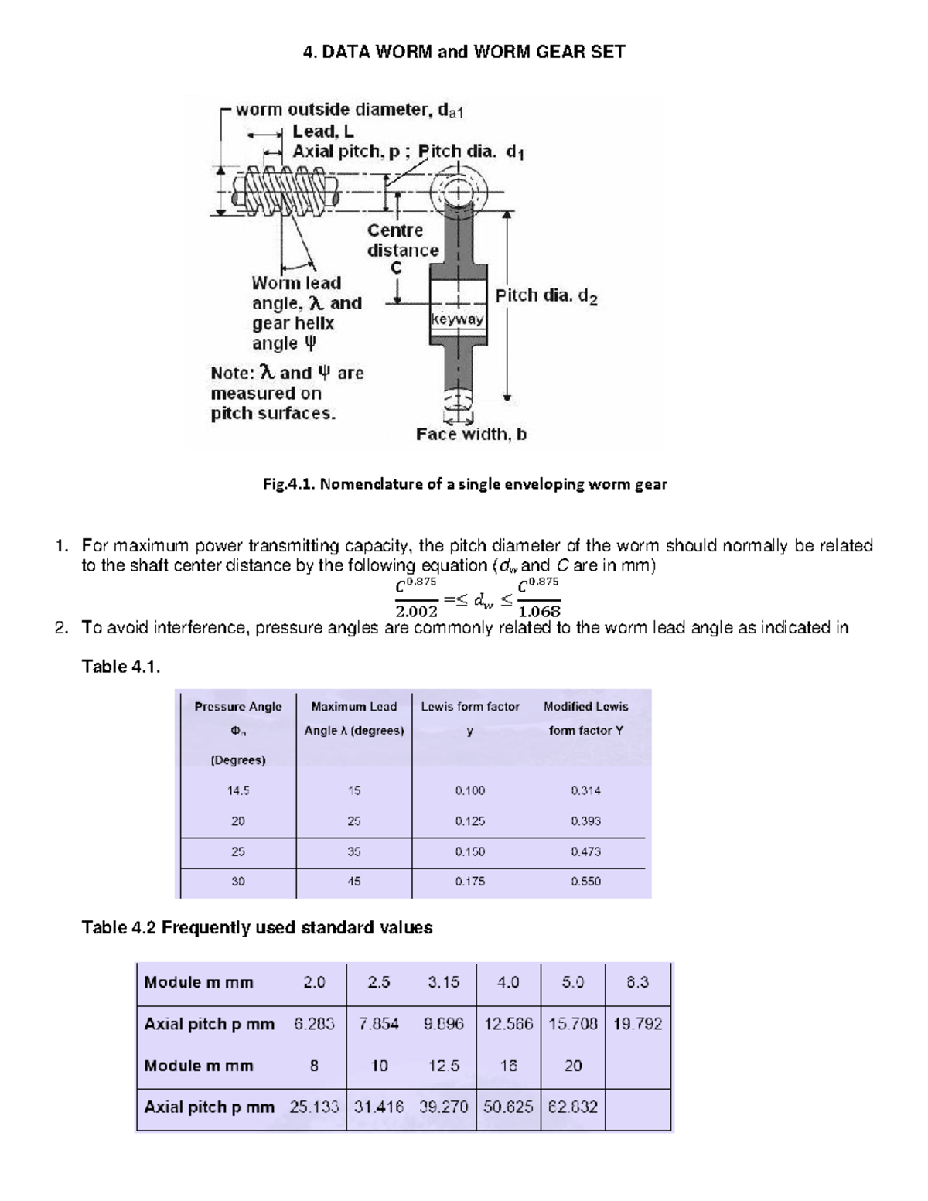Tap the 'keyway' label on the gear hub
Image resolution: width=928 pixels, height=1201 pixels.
457,319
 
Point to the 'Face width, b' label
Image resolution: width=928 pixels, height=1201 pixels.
471,435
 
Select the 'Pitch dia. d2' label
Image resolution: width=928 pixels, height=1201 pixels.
546,296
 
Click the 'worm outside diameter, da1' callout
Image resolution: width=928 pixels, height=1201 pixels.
349,110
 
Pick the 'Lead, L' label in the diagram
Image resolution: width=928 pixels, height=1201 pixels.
323,131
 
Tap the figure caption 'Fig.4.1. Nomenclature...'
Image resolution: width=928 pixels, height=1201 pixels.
465,484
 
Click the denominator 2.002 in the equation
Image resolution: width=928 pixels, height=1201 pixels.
416,612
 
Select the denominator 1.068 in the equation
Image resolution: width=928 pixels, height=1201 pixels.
539,612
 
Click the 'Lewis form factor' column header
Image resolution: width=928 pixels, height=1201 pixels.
470,707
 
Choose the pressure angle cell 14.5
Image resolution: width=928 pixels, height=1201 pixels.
238,791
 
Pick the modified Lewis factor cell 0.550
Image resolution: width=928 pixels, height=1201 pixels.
585,882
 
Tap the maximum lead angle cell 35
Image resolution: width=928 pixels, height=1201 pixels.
354,851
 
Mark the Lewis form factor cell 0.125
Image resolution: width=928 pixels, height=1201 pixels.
470,821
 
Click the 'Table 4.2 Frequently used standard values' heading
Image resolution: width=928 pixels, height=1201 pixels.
257,927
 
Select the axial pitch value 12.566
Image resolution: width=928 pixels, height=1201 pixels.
508,1024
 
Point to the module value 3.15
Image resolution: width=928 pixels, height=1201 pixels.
443,982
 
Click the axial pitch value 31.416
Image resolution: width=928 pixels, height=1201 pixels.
378,1107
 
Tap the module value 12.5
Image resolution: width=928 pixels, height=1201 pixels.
443,1066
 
